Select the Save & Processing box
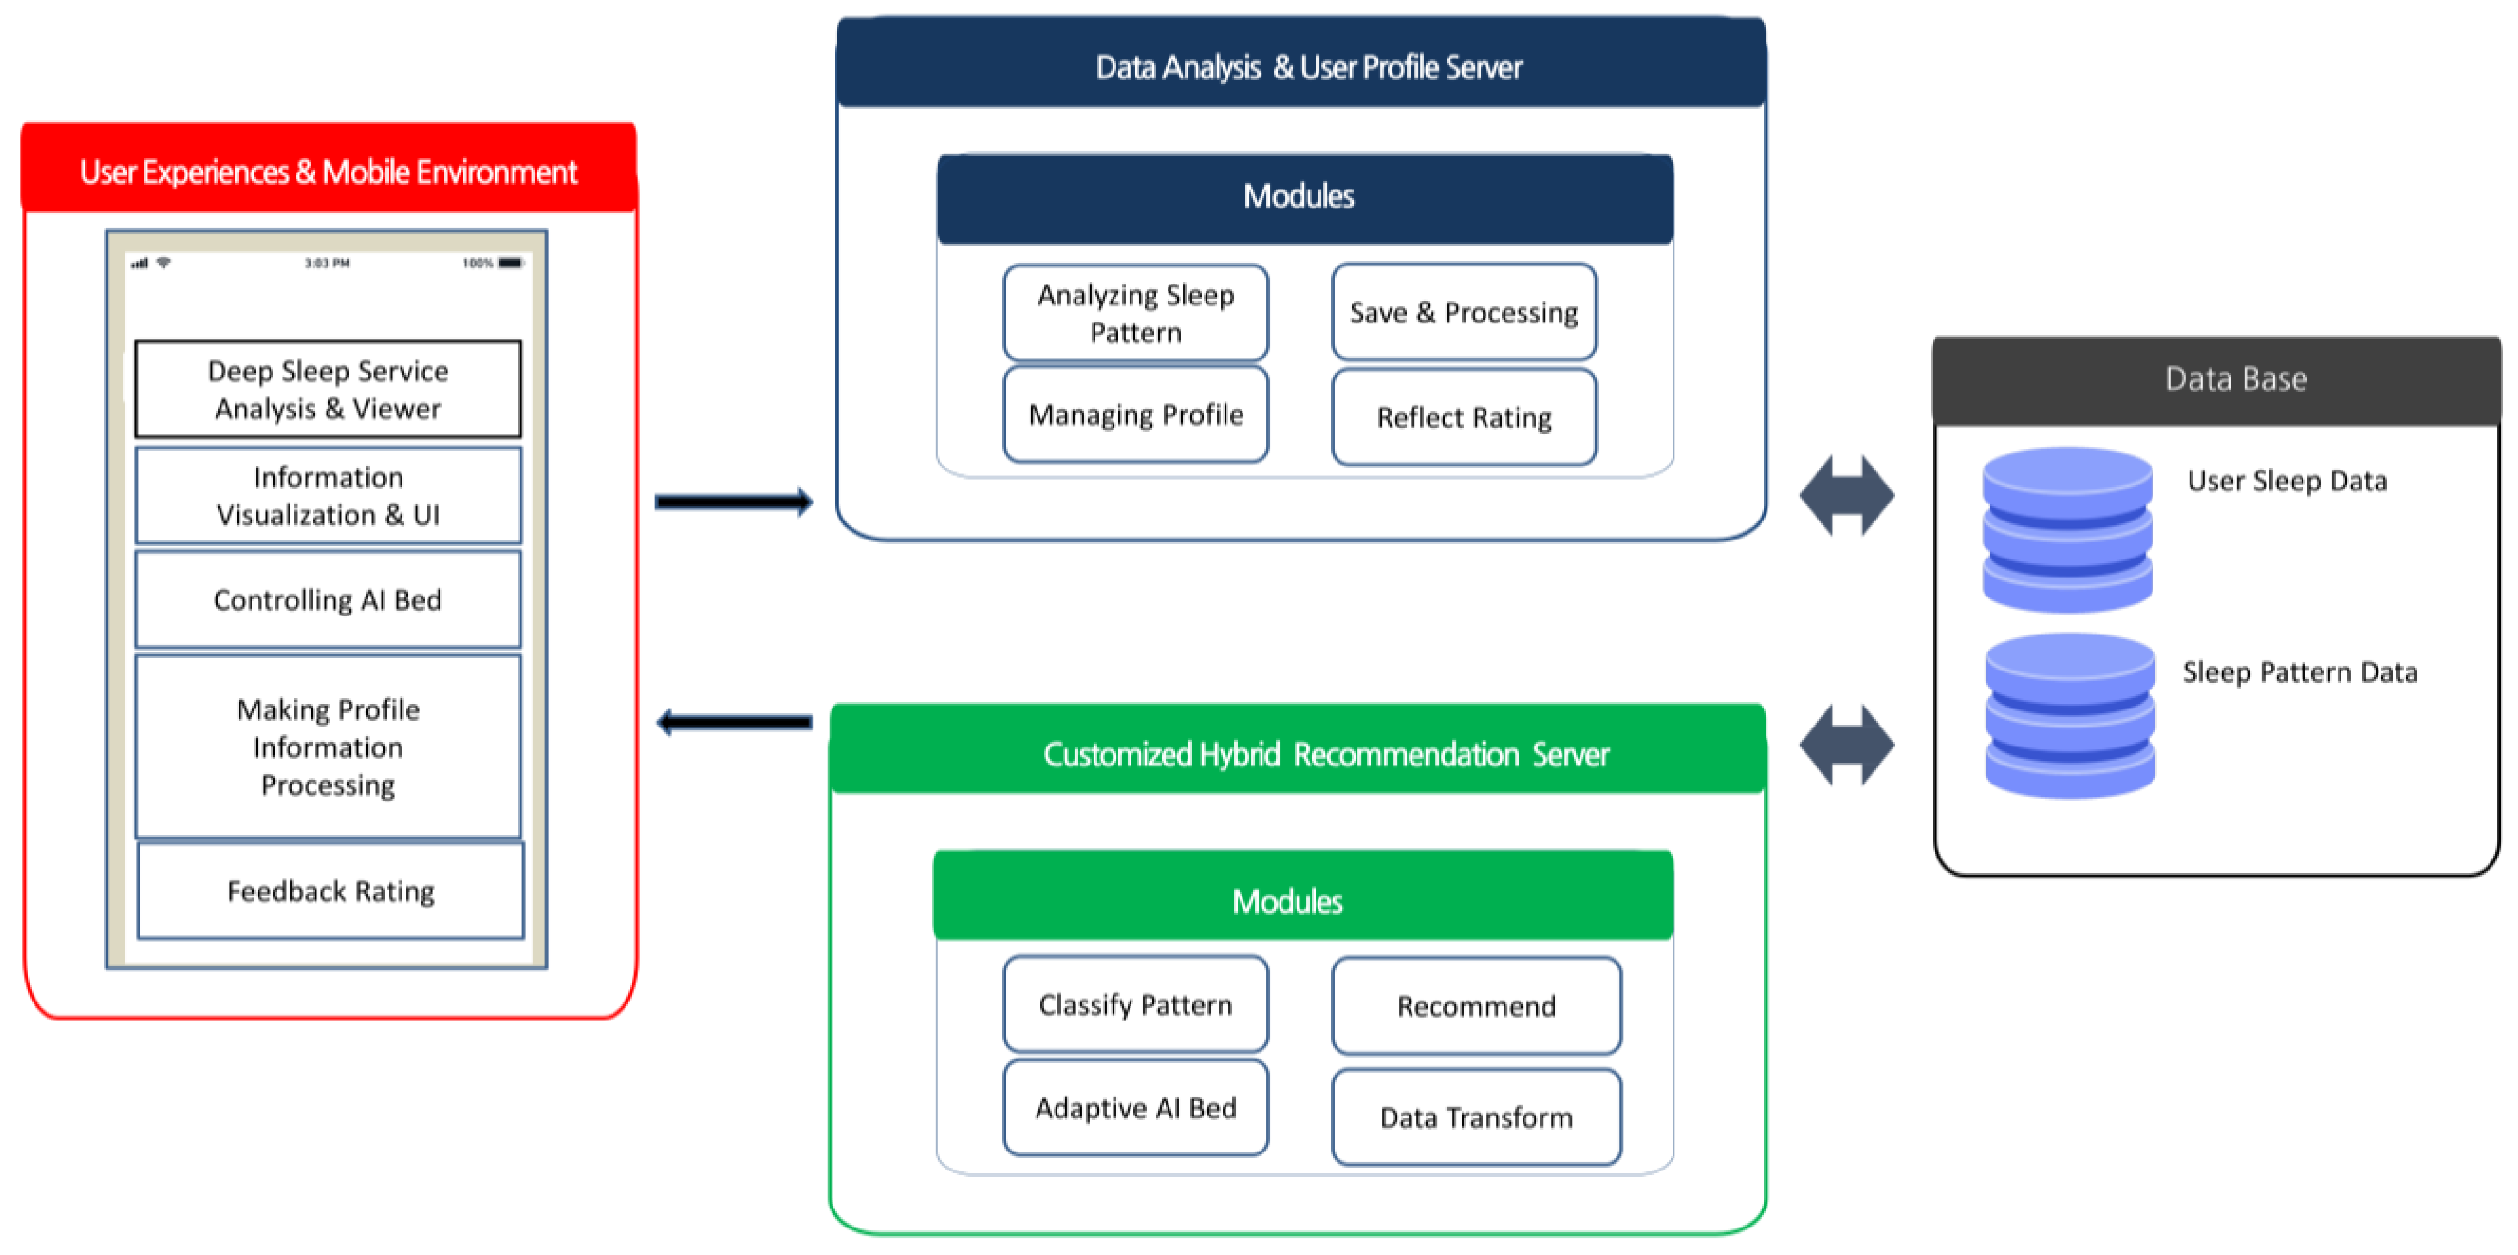pyautogui.click(x=1463, y=312)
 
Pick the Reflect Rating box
pyautogui.click(x=1463, y=417)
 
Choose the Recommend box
pyautogui.click(x=1475, y=1006)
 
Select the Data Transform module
pyautogui.click(x=1475, y=1117)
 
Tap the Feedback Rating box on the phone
pyautogui.click(x=330, y=890)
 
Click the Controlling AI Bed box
pyautogui.click(x=327, y=599)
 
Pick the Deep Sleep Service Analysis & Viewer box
pyautogui.click(x=327, y=389)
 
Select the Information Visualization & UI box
pyautogui.click(x=327, y=496)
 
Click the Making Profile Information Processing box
pyautogui.click(x=327, y=747)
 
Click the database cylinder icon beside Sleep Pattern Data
pyautogui.click(x=2069, y=715)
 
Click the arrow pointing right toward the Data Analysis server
pyautogui.click(x=733, y=503)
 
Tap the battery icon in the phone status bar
pyautogui.click(x=510, y=263)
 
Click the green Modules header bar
pyautogui.click(x=1302, y=899)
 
